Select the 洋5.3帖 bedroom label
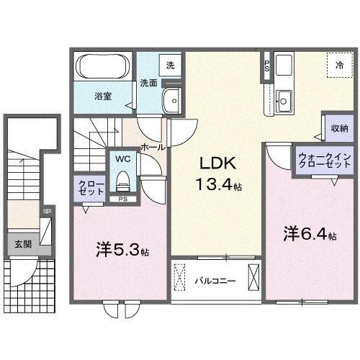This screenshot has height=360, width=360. tap(123, 251)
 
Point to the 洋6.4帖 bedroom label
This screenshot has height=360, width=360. tap(310, 234)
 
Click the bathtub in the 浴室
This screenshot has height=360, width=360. tap(102, 69)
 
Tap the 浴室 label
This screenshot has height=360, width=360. tap(102, 95)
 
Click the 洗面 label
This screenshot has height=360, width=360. tap(149, 81)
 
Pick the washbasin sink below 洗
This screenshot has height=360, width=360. tap(171, 100)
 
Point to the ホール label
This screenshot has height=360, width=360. tap(153, 146)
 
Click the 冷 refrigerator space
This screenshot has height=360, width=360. tap(339, 65)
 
